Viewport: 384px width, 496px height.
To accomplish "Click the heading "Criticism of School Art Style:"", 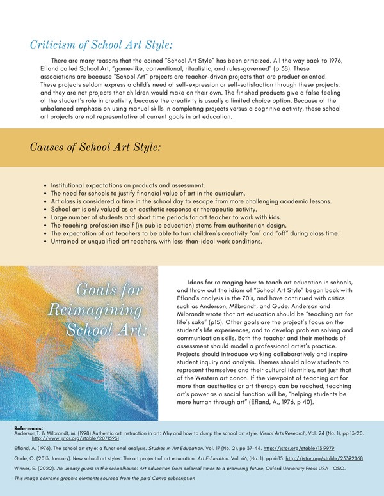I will point(101,45).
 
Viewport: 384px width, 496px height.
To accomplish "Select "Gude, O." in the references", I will point(25,458).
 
